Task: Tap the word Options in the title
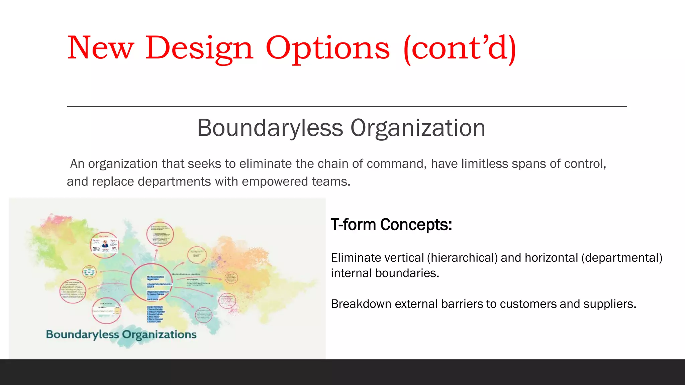[328, 48]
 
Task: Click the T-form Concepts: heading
[391, 225]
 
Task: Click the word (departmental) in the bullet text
[622, 258]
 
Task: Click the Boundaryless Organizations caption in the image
[121, 334]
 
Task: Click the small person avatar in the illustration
[105, 243]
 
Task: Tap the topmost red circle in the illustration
[160, 234]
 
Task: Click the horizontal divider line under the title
[347, 107]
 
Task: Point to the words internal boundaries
[385, 273]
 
